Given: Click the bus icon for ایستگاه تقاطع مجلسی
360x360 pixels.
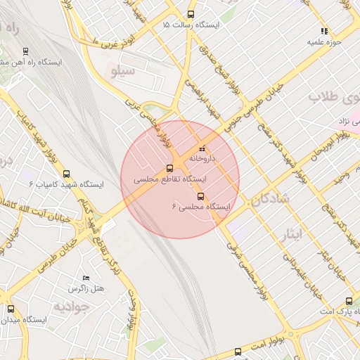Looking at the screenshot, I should click(169, 169).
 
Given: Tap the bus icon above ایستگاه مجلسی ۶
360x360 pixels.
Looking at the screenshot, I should click(201, 196).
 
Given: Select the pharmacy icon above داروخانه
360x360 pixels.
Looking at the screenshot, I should click(202, 148).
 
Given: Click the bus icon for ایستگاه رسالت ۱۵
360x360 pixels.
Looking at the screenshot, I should click(191, 14).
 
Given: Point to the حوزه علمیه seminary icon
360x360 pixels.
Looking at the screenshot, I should click(324, 31).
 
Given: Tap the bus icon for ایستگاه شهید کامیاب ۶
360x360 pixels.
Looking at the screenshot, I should click(67, 174).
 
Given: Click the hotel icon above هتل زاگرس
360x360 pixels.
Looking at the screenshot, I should click(86, 278).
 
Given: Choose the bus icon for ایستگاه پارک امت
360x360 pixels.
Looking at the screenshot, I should click(349, 301).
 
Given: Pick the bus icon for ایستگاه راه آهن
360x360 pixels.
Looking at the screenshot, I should click(26, 51).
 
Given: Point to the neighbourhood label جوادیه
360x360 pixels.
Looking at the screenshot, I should click(71, 307).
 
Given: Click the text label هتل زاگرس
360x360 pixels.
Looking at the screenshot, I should click(86, 289).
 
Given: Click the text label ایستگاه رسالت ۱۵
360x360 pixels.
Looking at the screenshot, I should click(191, 25).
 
